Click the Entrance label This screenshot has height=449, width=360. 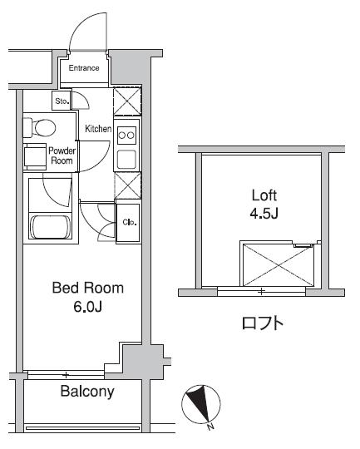click(84, 68)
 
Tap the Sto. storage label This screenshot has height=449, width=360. click(62, 101)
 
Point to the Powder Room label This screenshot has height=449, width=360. click(62, 156)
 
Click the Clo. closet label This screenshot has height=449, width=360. click(130, 222)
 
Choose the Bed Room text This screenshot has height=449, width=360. click(87, 289)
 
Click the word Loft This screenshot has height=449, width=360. click(264, 196)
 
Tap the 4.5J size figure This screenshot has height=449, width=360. click(264, 215)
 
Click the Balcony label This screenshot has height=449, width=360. click(86, 392)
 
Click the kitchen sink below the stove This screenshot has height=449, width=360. click(126, 159)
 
